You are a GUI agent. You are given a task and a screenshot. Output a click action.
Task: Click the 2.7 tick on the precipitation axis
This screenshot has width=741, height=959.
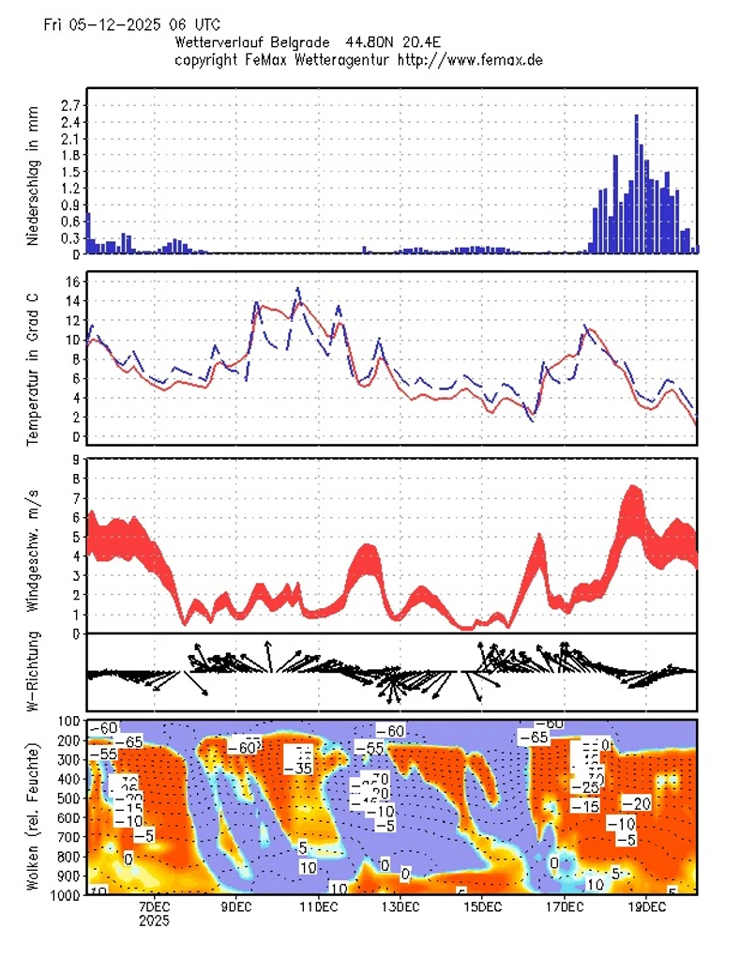pyautogui.click(x=69, y=105)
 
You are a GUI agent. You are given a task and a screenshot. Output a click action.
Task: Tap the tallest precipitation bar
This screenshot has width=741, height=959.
pyautogui.click(x=636, y=183)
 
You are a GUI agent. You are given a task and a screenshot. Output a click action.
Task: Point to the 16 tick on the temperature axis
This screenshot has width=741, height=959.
pyautogui.click(x=71, y=282)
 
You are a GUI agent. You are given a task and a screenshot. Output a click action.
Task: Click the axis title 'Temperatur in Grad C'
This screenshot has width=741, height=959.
pyautogui.click(x=34, y=358)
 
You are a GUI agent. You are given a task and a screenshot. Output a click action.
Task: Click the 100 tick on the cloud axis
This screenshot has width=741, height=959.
pyautogui.click(x=69, y=722)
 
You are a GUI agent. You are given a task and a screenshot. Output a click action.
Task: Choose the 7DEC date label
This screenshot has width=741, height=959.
pyautogui.click(x=154, y=907)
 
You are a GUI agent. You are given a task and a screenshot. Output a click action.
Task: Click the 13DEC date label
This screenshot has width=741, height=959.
pyautogui.click(x=400, y=907)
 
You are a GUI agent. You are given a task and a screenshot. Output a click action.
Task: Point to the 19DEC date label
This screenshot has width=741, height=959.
pyautogui.click(x=646, y=907)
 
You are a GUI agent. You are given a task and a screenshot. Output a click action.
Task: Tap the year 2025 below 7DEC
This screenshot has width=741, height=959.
pyautogui.click(x=154, y=921)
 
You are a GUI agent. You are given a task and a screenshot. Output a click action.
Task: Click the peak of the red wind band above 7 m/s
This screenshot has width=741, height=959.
pyautogui.click(x=633, y=488)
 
